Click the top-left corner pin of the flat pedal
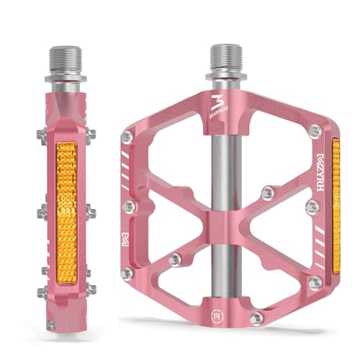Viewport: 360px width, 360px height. (x=127, y=136)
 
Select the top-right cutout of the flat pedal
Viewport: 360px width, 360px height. (x=274, y=158)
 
